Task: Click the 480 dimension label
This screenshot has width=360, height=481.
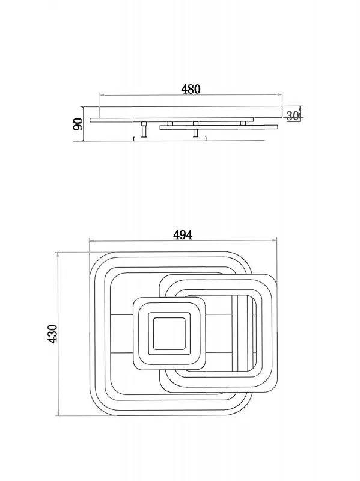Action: (191, 89)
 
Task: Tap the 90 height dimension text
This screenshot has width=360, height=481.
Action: (78, 124)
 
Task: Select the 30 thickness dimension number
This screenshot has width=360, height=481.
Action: (293, 116)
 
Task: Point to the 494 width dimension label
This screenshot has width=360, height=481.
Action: (183, 235)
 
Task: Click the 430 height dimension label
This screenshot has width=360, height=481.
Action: (52, 334)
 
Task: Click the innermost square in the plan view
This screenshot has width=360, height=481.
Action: (169, 334)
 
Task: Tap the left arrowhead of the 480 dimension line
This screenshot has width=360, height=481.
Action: (102, 96)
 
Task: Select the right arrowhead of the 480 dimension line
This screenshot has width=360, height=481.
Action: (279, 95)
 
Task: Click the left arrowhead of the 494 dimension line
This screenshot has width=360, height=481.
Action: (91, 241)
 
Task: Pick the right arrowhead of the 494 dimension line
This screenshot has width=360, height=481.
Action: (275, 241)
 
